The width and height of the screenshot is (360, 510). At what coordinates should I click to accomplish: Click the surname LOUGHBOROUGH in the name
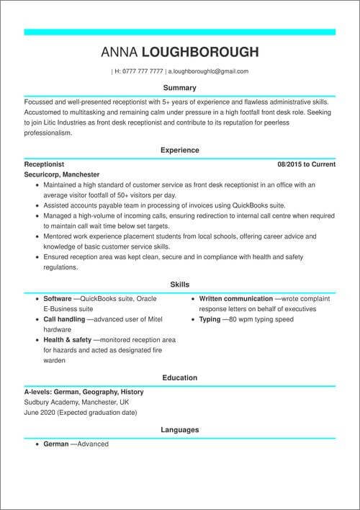click(x=200, y=52)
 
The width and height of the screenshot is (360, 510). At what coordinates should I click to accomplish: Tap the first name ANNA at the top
click(x=120, y=52)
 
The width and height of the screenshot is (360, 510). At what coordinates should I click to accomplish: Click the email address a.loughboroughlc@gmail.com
click(x=209, y=72)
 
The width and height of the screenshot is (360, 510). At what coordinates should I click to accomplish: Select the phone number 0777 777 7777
click(x=143, y=72)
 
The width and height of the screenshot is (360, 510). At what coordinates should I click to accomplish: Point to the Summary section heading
click(x=180, y=88)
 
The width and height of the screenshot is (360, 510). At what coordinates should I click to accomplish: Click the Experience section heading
click(x=180, y=150)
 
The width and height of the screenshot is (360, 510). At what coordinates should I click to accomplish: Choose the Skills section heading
click(x=180, y=285)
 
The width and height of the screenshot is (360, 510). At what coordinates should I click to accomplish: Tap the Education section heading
click(x=180, y=377)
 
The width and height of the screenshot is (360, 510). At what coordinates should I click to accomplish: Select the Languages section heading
click(x=180, y=430)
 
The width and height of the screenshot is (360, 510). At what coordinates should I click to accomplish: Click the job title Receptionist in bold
click(x=44, y=164)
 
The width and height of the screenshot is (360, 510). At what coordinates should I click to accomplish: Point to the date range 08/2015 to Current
click(x=307, y=164)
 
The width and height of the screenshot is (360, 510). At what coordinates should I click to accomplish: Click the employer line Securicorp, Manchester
click(x=62, y=174)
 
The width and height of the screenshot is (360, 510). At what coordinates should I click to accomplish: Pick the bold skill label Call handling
click(x=65, y=318)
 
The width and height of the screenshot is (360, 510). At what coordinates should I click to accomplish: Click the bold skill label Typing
click(x=210, y=318)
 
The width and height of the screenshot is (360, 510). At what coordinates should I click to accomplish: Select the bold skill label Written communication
click(x=235, y=298)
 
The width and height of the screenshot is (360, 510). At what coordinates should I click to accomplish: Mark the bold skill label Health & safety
click(x=68, y=339)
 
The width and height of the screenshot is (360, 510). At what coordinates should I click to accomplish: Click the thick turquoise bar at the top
click(x=180, y=32)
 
